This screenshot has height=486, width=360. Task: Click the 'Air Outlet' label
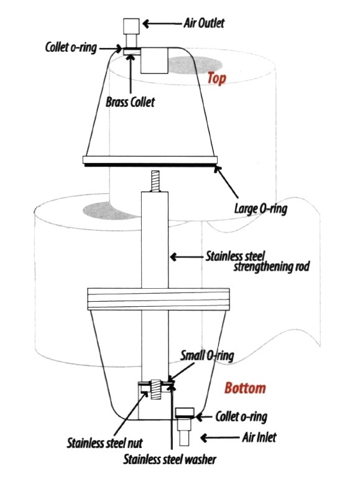204,23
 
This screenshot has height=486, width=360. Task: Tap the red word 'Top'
216,78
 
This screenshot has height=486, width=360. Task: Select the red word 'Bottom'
245,388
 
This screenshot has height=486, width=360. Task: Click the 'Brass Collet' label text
130,101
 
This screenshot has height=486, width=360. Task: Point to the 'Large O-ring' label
261,208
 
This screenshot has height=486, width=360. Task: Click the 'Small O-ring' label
207,355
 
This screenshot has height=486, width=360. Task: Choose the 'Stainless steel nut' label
104,443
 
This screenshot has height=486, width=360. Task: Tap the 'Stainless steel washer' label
170,459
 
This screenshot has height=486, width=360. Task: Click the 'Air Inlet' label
259,437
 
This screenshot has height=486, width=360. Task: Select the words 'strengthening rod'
271,266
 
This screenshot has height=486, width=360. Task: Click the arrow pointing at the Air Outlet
162,24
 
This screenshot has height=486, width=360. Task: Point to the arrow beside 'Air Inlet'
220,437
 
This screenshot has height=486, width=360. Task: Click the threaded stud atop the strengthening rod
155,181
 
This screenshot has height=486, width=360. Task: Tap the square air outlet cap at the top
131,26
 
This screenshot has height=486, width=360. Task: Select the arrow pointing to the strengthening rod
187,257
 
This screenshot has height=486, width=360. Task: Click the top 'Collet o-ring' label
71,48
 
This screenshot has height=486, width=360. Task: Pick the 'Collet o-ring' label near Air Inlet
241,417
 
